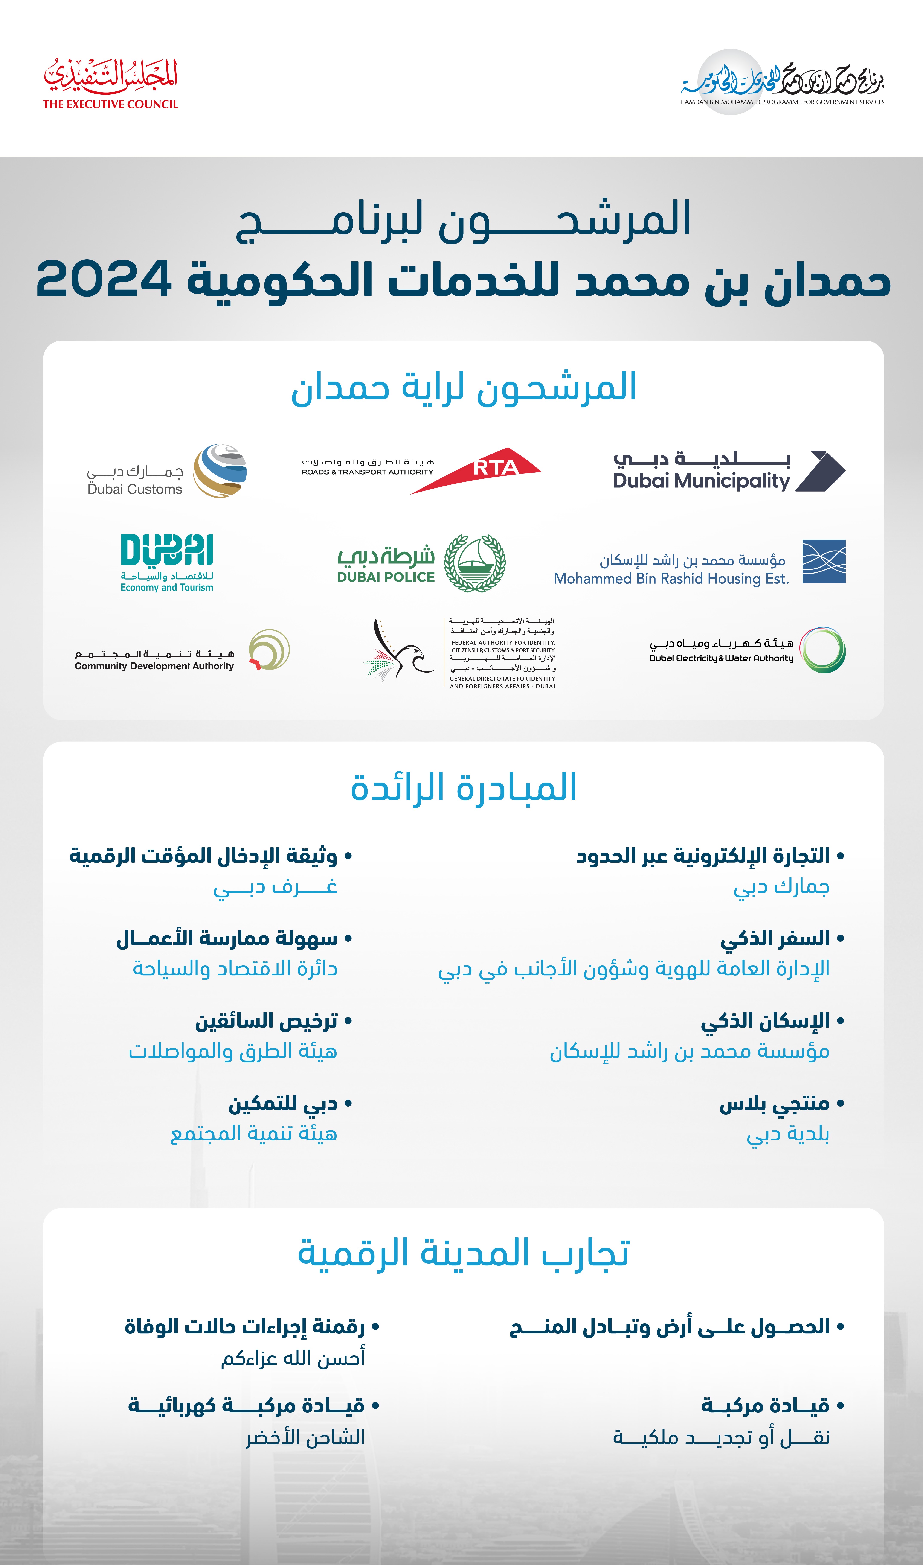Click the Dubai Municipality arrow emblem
click(x=820, y=471)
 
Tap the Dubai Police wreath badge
click(x=474, y=563)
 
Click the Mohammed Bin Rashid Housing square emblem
click(x=824, y=562)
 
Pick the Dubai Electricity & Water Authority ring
click(x=822, y=650)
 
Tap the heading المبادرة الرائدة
click(x=463, y=787)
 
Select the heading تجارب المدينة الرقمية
click(x=463, y=1252)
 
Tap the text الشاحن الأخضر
click(x=305, y=1437)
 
